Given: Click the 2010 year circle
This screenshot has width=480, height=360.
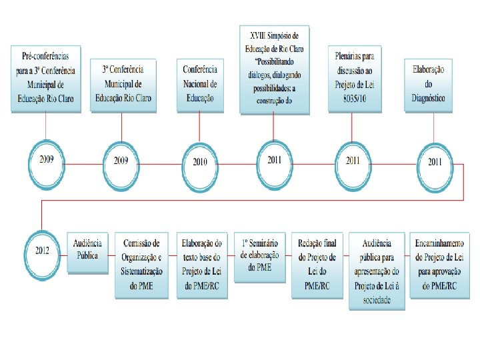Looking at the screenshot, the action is (x=200, y=161).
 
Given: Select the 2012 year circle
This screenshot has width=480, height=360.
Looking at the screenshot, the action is (x=41, y=251).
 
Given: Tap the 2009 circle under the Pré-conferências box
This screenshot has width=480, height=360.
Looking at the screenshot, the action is (x=46, y=160).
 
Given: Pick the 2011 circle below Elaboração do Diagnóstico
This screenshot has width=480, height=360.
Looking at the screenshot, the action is (x=435, y=161).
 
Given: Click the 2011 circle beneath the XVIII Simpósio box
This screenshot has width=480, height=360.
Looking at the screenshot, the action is (x=274, y=160).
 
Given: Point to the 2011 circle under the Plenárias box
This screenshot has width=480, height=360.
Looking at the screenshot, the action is (x=352, y=160).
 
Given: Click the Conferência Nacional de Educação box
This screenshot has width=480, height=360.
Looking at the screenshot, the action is (x=200, y=83).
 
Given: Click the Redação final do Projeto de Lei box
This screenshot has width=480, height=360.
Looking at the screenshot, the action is (x=317, y=265).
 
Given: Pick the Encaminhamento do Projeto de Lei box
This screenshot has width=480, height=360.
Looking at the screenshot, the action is (x=440, y=265).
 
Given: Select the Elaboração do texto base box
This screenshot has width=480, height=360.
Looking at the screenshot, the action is (x=201, y=265).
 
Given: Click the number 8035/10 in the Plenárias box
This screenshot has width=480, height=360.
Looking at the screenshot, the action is (x=353, y=97).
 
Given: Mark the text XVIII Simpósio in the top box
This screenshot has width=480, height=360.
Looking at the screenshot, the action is (x=274, y=35).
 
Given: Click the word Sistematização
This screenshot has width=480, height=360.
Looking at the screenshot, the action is (x=142, y=273).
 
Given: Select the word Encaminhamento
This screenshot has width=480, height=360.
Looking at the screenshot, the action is (x=440, y=243).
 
